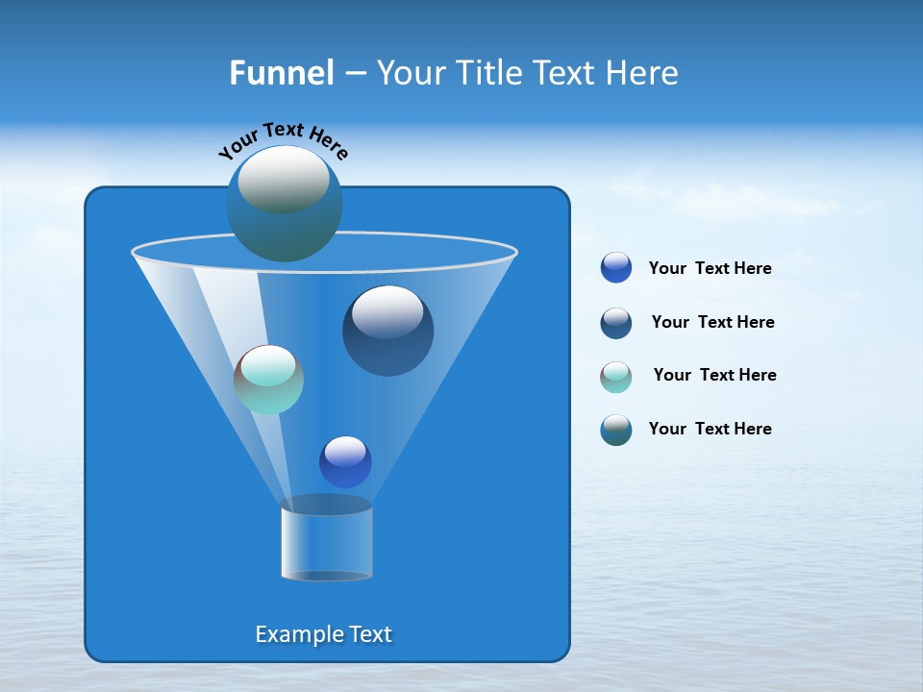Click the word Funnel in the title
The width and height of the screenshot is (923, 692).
tap(281, 73)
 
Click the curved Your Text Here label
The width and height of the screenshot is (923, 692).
tap(284, 139)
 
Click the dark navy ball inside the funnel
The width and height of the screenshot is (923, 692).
tap(388, 332)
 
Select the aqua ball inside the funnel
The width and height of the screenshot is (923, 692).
tap(268, 380)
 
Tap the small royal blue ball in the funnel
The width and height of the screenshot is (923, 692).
tap(345, 462)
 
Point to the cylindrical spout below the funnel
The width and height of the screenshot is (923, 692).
tap(327, 543)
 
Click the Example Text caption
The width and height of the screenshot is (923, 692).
tap(324, 634)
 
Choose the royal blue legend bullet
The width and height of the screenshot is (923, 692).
tap(616, 268)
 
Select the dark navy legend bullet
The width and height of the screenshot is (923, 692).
tap(616, 323)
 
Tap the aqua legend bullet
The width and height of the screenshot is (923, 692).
tap(616, 377)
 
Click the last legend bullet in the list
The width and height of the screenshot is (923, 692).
tap(616, 430)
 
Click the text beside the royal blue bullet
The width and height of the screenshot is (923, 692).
tap(710, 269)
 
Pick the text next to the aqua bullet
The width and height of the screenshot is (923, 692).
tap(714, 376)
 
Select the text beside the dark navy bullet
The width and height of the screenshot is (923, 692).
tap(712, 323)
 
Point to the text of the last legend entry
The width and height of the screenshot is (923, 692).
tap(710, 430)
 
